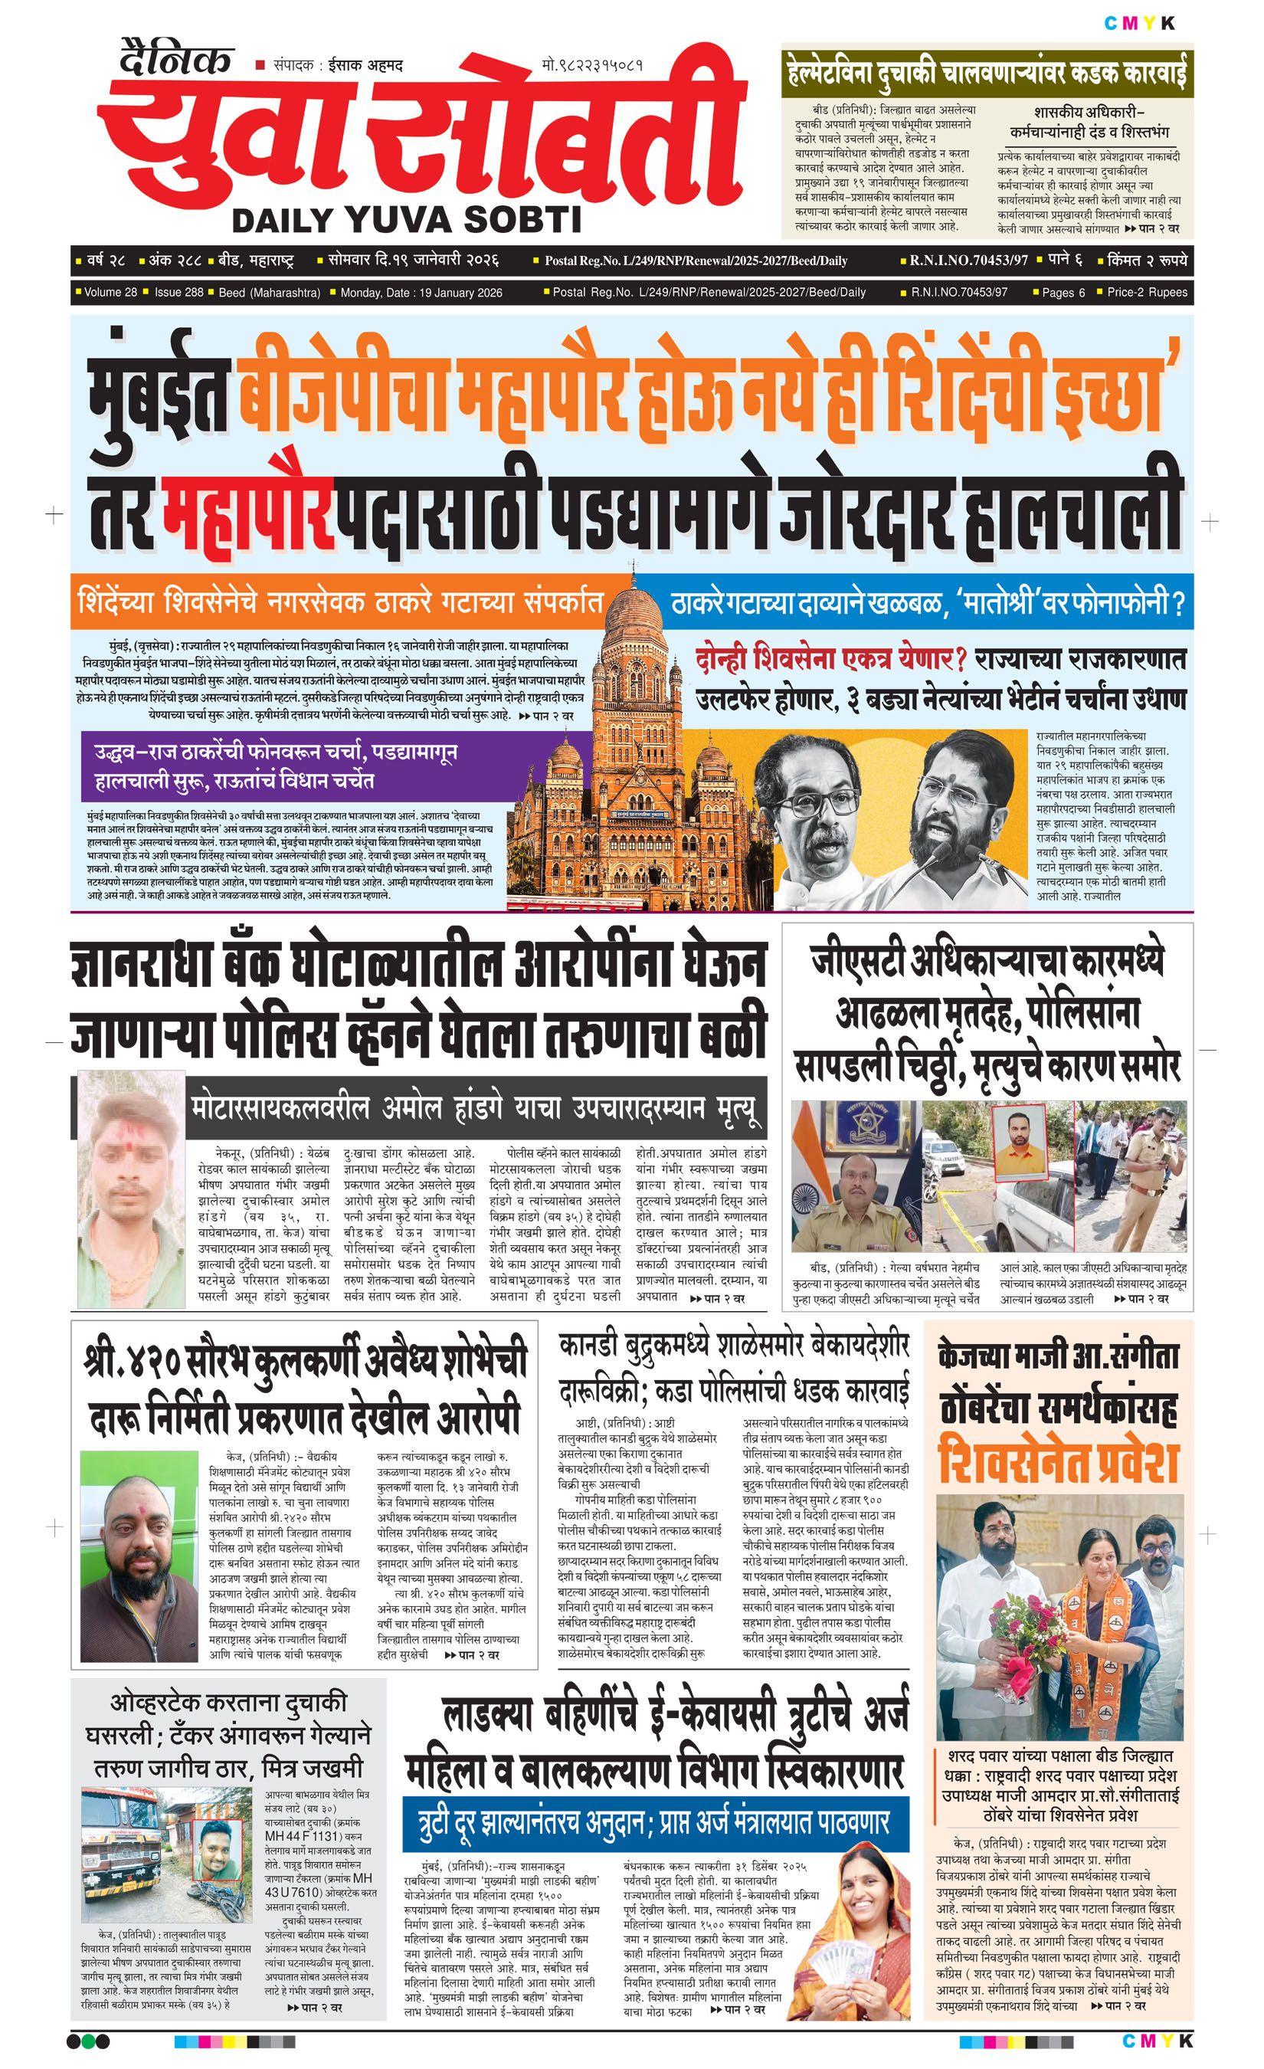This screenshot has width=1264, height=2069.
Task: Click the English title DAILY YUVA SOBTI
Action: tap(406, 220)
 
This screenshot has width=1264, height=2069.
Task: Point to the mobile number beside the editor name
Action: tap(593, 64)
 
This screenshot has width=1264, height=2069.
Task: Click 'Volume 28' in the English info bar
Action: tap(110, 292)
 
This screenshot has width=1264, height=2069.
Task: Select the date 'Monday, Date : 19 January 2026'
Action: tap(421, 292)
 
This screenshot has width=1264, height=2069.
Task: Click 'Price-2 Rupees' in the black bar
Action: tap(1147, 292)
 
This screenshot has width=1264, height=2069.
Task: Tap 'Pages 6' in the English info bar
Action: tap(1063, 292)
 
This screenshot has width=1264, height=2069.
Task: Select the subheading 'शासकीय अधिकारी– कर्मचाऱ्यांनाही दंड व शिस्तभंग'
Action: tap(1089, 122)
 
